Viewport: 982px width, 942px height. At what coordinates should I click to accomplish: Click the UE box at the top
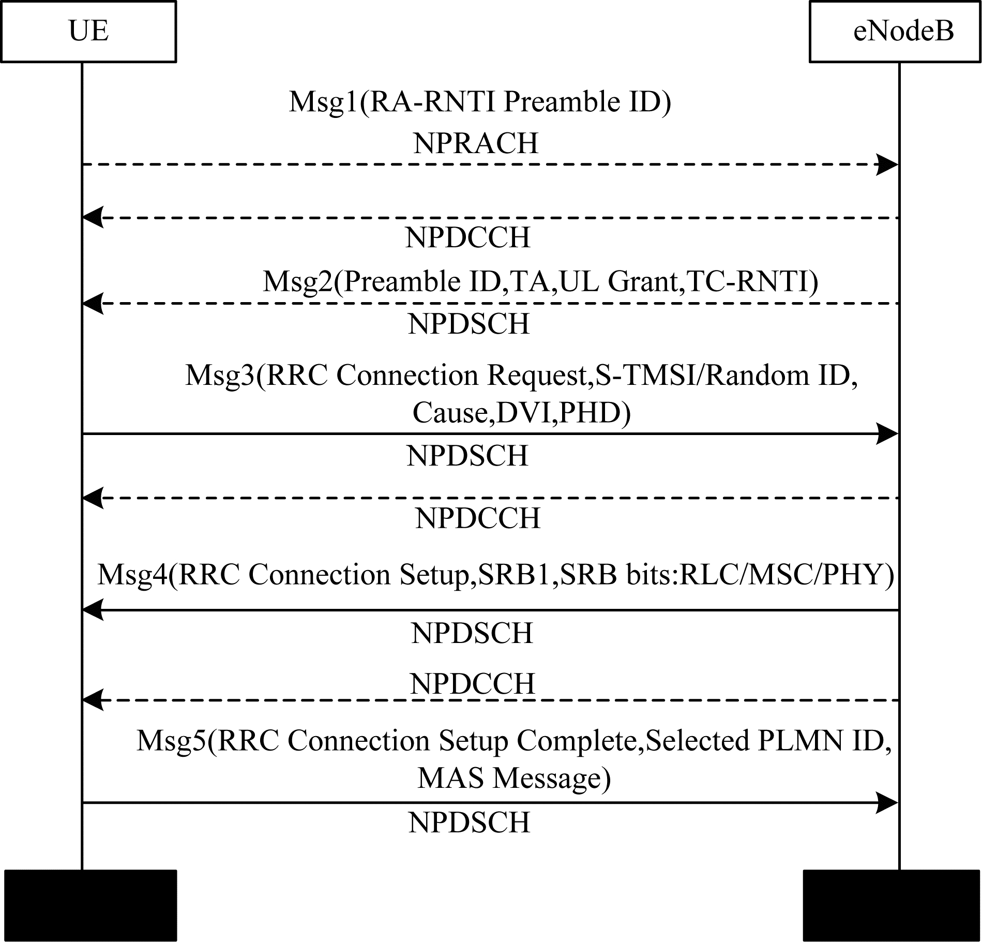click(x=88, y=32)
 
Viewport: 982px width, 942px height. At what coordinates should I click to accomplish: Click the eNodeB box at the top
click(x=895, y=32)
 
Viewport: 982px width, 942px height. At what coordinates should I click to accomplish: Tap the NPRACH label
click(x=476, y=143)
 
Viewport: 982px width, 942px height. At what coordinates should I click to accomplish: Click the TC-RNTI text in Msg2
click(x=750, y=282)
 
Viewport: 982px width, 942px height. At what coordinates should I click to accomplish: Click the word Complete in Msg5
click(x=576, y=742)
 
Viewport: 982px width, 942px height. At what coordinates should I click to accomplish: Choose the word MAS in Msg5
click(x=450, y=778)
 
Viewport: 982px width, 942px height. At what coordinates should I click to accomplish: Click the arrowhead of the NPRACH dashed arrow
click(x=888, y=165)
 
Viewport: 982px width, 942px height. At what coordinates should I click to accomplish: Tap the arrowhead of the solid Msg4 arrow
click(x=93, y=610)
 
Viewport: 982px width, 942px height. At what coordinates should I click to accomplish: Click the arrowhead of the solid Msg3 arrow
click(x=888, y=434)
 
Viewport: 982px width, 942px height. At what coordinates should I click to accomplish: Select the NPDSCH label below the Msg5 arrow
click(x=470, y=823)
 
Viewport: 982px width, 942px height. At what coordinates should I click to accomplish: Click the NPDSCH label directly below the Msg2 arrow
click(x=469, y=324)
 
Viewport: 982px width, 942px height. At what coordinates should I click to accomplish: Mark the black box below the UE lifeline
click(x=90, y=905)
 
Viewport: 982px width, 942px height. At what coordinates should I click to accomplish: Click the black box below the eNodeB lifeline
click(x=892, y=905)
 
